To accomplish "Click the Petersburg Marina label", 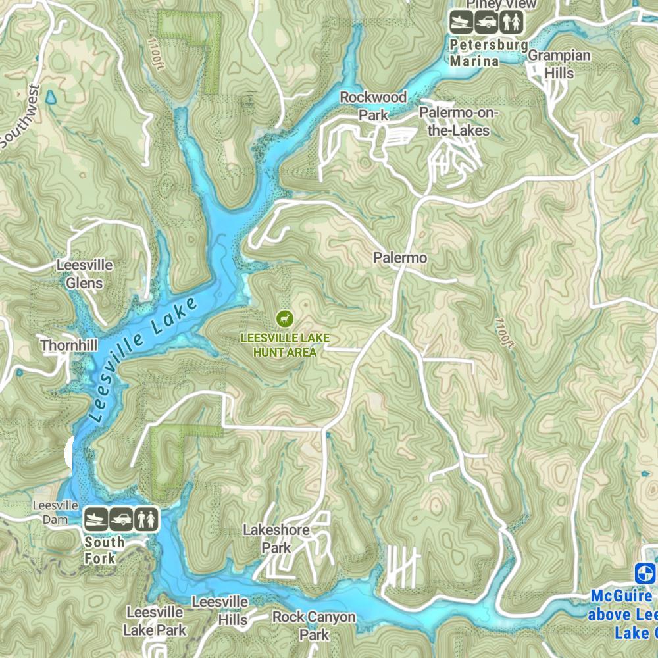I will coord(489,53).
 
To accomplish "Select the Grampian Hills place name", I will coord(559,64).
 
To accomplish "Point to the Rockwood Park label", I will coord(373,106).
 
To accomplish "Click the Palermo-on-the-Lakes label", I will coord(459,122).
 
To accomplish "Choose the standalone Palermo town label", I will coord(400,258).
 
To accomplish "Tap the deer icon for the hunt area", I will coord(285,318).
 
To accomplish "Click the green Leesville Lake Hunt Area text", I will coord(285,345).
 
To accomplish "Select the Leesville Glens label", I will coord(84,274).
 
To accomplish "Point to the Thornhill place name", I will coord(69,345).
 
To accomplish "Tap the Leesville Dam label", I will coord(56,512).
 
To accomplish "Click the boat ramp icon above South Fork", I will coord(96,519).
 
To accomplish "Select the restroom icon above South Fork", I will coord(146,519).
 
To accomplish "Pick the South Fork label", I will coord(104,550).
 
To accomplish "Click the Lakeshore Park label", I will coord(276,538).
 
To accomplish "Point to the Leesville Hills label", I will coord(220,611).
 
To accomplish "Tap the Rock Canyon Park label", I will coord(314,626).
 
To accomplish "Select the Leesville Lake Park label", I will coord(156,620).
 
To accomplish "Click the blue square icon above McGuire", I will coord(645,573).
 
